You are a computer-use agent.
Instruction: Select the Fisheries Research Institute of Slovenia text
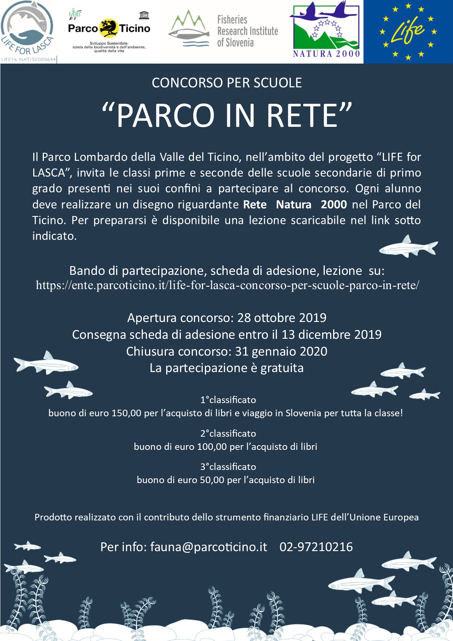click(x=247, y=31)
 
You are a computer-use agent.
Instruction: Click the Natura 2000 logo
click(x=326, y=30)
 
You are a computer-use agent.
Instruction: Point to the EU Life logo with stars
click(x=408, y=31)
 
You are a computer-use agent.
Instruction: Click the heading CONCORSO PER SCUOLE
click(x=226, y=83)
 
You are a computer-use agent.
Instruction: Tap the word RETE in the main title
click(x=302, y=115)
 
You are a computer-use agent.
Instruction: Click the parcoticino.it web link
click(x=227, y=285)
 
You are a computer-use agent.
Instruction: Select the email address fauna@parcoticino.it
click(x=209, y=547)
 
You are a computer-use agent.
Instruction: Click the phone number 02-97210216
click(x=316, y=547)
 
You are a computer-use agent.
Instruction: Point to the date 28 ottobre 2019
click(x=282, y=318)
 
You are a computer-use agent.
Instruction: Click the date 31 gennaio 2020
click(x=281, y=351)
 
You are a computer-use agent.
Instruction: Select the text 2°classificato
click(x=228, y=433)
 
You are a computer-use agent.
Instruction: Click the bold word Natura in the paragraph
click(x=293, y=204)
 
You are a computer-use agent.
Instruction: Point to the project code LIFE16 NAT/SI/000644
click(x=28, y=59)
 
